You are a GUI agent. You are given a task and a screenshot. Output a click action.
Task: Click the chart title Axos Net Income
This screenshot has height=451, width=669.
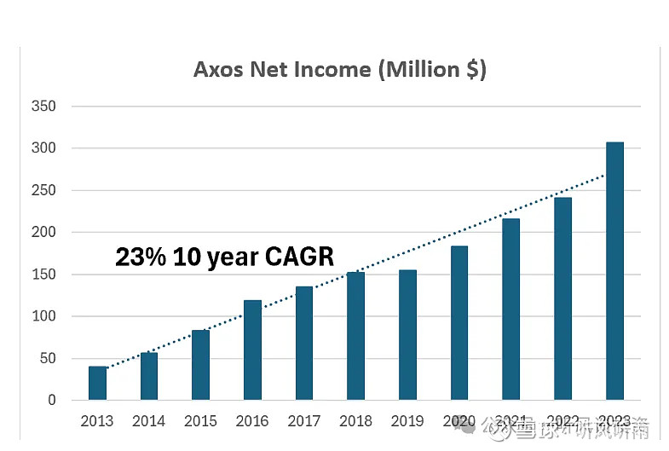(339, 69)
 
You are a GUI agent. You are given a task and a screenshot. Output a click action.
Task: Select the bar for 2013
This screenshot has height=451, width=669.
(98, 383)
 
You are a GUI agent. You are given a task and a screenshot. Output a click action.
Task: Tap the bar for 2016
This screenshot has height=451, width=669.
(253, 350)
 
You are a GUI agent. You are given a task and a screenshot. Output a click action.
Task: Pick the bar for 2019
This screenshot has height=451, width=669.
(407, 334)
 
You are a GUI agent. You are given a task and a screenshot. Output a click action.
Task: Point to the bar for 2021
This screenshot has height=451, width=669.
(511, 309)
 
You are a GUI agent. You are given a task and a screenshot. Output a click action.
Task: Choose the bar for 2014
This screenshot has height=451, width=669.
(149, 376)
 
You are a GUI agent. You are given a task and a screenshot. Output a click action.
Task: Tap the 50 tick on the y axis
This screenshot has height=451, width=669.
(46, 358)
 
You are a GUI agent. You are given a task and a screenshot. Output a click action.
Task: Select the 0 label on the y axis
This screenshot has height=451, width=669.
(51, 400)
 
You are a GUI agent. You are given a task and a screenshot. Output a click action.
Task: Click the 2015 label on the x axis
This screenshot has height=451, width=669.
(200, 421)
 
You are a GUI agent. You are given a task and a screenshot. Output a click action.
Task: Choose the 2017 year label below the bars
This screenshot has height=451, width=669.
(304, 421)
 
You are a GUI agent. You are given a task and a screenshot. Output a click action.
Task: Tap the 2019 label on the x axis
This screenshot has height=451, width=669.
(407, 421)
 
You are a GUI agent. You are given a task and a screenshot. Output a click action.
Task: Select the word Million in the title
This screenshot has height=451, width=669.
(424, 69)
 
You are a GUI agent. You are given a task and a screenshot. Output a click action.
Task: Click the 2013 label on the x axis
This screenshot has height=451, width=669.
(97, 421)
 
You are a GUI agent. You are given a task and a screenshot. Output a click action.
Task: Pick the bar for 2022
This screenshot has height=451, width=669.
(562, 298)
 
